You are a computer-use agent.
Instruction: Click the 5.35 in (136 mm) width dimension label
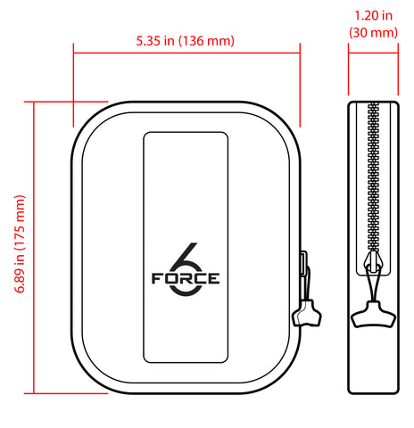click(186, 40)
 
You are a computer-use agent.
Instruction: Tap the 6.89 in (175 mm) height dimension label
click(20, 246)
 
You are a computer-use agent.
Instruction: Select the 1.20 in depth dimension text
click(371, 16)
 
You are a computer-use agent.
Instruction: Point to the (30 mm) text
click(371, 33)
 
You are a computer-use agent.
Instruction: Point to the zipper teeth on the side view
click(371, 178)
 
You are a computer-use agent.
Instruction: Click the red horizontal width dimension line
click(186, 53)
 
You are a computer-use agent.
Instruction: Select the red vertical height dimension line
click(35, 246)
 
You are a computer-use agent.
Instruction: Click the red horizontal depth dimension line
click(372, 53)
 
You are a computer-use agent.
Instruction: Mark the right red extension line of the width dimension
click(300, 89)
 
